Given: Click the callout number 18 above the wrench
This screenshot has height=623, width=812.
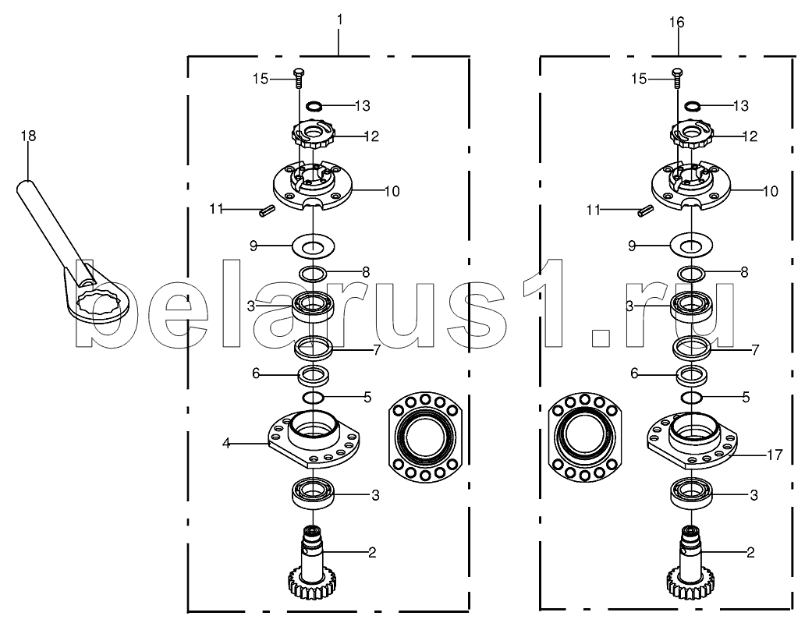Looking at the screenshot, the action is pos(29,136).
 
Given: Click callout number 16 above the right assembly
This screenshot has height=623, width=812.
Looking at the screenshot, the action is pos(677,23).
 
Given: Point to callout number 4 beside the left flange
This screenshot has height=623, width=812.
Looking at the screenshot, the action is pos(226,444).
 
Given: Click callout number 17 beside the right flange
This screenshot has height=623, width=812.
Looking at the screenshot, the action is pos(775,455).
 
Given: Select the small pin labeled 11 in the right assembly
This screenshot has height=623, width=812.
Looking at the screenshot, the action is pos(645,211).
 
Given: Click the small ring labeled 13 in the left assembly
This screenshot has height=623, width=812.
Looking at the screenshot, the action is pos(314,107).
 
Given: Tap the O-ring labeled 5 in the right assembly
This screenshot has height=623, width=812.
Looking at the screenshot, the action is pos(691,398).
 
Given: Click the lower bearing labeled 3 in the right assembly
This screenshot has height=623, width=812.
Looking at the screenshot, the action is pos(692,494).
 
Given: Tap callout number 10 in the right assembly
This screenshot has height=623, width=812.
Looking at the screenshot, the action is pos(771,192).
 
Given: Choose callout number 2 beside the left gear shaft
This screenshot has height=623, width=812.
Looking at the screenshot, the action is pos(372,553).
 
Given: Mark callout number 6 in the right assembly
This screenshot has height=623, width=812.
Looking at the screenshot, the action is pos(634,373).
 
